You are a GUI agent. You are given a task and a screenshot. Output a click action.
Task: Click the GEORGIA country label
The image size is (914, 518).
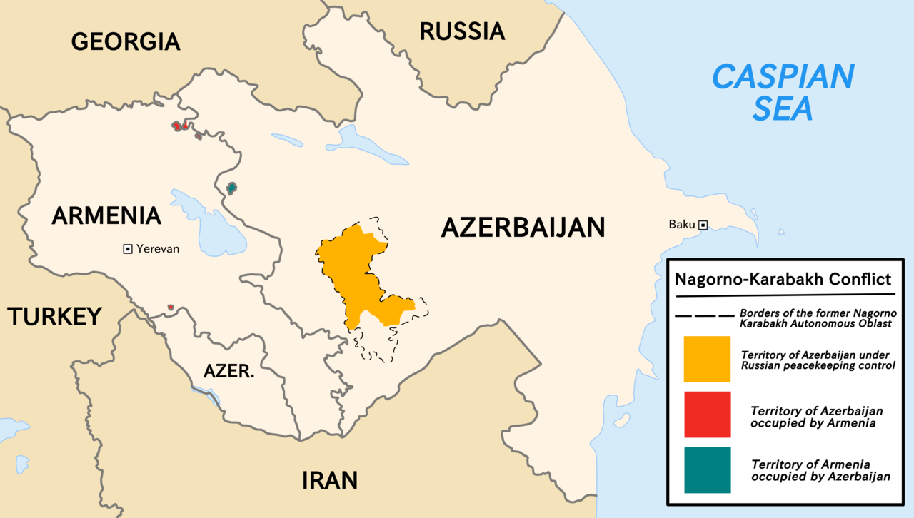pyautogui.click(x=126, y=41)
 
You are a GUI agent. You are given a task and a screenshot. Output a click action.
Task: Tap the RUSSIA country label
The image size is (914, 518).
pyautogui.click(x=462, y=31)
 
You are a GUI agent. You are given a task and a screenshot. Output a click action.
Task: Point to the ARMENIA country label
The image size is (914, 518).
pyautogui.click(x=106, y=215)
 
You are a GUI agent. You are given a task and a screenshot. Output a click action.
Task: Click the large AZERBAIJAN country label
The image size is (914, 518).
pyautogui.click(x=523, y=228)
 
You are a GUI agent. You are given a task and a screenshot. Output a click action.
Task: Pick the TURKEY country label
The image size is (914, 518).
pyautogui.click(x=54, y=316)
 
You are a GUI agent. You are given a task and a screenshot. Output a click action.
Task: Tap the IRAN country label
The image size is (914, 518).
pyautogui.click(x=329, y=479)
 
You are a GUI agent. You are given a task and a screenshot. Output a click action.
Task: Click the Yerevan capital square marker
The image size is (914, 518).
pyautogui.click(x=128, y=249)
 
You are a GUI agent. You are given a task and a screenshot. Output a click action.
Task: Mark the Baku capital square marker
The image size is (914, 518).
pyautogui.click(x=703, y=225)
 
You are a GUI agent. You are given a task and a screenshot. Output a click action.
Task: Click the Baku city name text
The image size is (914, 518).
pyautogui.click(x=681, y=225)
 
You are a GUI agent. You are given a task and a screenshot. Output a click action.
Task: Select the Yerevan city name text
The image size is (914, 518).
pyautogui.click(x=158, y=249)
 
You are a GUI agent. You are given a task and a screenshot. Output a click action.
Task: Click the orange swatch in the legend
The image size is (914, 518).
pyautogui.click(x=707, y=359)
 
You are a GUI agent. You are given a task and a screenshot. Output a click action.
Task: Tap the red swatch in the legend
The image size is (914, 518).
pyautogui.click(x=707, y=415)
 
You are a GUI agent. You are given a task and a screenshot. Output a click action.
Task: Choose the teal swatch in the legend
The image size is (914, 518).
pyautogui.click(x=707, y=470)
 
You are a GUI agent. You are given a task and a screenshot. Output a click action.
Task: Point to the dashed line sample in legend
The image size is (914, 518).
pyautogui.click(x=704, y=315)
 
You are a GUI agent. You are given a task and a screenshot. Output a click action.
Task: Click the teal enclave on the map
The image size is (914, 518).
pyautogui.click(x=231, y=188)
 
